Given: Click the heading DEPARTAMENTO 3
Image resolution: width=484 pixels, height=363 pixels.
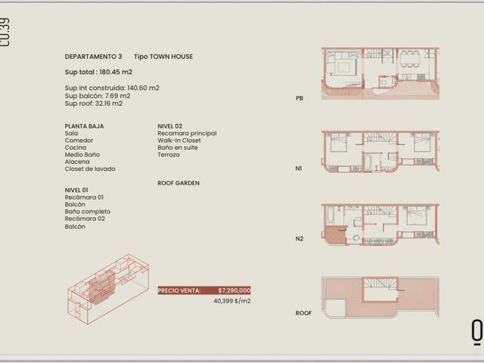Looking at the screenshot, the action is (x=93, y=57).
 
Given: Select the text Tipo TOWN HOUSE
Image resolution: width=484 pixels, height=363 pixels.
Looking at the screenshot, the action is (x=163, y=57).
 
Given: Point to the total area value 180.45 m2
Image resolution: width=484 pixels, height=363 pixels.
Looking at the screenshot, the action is (x=116, y=72).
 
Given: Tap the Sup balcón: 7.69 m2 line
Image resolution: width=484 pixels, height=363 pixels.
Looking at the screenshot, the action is (x=98, y=96).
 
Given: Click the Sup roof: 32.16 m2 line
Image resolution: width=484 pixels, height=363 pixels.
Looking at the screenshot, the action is (x=94, y=104).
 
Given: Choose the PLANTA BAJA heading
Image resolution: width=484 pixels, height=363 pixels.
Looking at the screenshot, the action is (x=84, y=126).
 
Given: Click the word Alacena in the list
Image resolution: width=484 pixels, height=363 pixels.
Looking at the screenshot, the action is (x=77, y=162).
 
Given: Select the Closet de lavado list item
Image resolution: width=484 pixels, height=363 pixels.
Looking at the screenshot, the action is (x=90, y=169).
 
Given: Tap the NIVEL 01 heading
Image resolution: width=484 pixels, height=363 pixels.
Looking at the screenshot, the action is (x=76, y=190).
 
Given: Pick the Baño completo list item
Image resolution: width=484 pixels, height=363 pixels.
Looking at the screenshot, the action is (x=88, y=212).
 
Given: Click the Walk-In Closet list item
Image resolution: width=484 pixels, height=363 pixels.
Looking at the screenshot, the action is (x=179, y=141).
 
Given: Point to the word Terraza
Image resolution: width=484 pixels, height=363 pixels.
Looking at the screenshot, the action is (x=169, y=154).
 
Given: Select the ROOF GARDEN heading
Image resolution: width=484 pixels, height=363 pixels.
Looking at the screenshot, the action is (x=178, y=183).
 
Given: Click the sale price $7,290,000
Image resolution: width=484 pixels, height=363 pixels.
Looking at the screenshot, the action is (x=234, y=290).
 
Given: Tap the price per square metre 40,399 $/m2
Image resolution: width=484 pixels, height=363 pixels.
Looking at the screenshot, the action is (x=232, y=301).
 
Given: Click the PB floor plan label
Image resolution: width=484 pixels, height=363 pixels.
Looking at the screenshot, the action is (x=299, y=98).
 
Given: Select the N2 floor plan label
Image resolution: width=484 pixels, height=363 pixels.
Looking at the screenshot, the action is (x=299, y=239).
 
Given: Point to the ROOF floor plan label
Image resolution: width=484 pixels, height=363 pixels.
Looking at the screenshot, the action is (x=304, y=313).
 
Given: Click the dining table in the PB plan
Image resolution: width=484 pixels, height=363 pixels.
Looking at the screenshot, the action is (x=410, y=59).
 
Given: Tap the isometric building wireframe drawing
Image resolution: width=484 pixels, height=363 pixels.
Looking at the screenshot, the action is (x=108, y=289).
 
